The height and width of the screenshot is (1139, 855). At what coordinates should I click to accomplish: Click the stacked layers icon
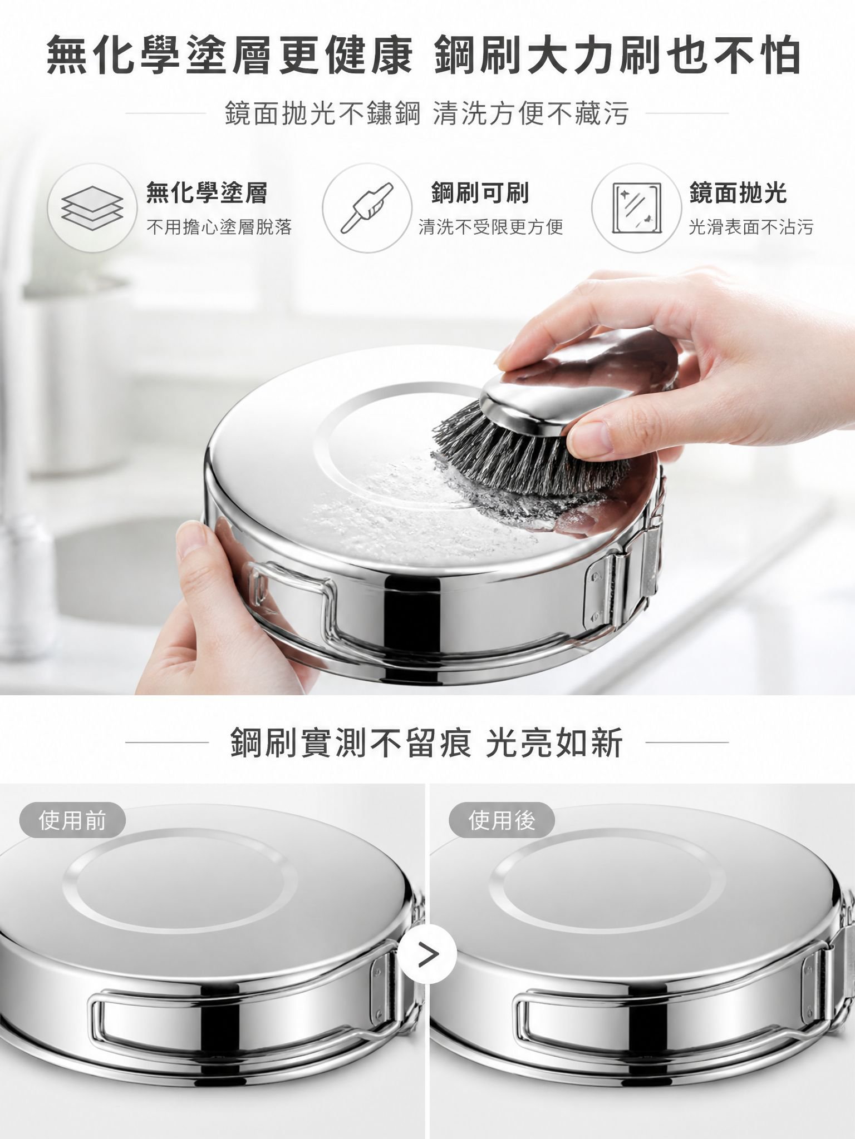coord(92,209)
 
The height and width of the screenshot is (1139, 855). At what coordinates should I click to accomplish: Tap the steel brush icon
coord(367,208)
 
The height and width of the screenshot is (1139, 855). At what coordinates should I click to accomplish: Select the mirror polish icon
coord(636,209)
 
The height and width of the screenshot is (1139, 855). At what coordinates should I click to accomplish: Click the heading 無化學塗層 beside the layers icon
coord(207,192)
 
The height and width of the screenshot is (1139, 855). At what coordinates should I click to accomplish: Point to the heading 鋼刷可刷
coord(480,192)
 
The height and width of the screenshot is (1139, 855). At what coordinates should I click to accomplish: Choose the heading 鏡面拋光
coord(738,192)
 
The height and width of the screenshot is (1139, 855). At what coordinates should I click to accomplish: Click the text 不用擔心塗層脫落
coord(219,227)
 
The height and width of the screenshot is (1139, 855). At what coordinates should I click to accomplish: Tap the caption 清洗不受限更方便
coord(491,227)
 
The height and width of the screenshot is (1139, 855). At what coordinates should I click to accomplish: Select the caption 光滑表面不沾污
coord(751,227)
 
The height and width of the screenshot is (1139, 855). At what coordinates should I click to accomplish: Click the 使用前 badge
coord(72,820)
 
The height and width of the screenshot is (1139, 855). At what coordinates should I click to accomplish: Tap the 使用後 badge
coord(502,820)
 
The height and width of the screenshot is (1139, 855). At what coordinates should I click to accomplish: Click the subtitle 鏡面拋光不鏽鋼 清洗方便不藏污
coord(427,113)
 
